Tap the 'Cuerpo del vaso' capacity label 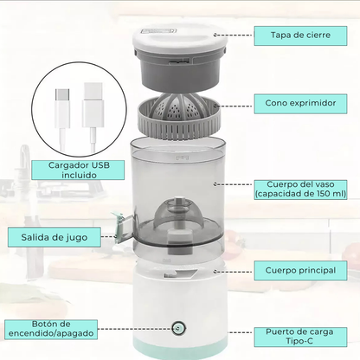pyautogui.click(x=301, y=188)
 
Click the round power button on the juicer pyautogui.click(x=177, y=328)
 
